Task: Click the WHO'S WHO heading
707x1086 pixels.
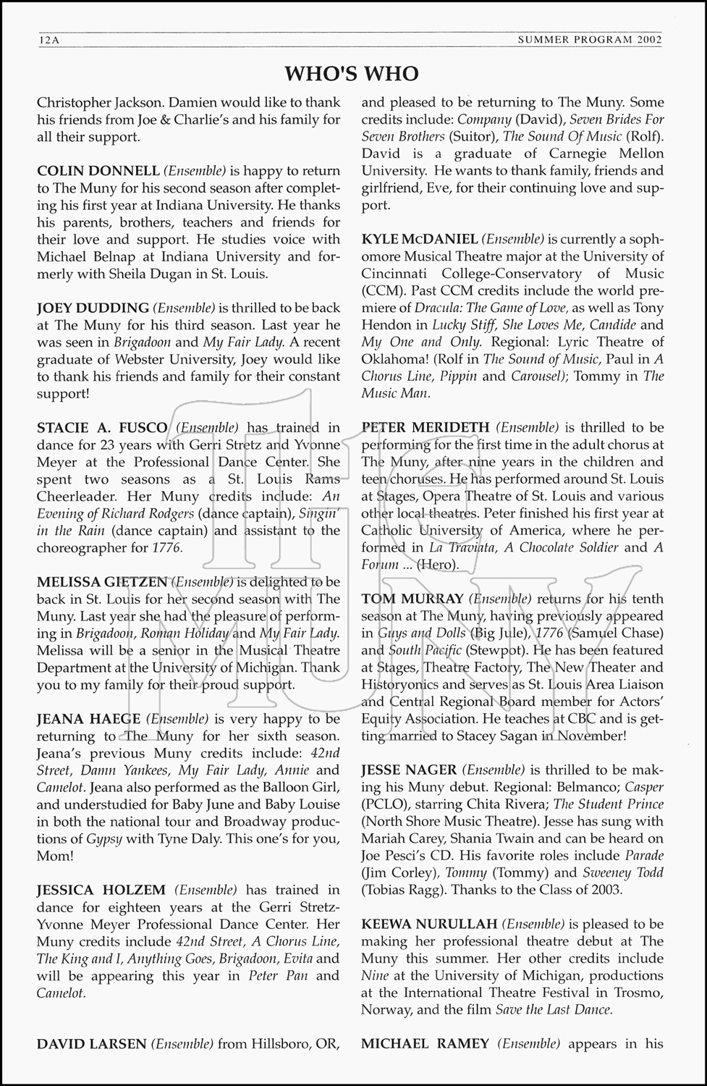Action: (x=352, y=73)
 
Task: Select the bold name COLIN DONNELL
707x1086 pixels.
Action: (x=98, y=172)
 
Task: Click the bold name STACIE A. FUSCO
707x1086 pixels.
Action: (x=102, y=428)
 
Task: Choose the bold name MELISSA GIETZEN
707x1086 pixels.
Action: (x=103, y=581)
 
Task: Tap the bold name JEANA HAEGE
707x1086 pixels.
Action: (x=89, y=719)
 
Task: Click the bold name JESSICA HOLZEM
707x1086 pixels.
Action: (x=101, y=890)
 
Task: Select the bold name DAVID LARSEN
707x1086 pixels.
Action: (x=92, y=1043)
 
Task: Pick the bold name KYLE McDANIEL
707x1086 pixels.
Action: (x=420, y=239)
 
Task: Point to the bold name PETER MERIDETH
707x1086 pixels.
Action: (x=426, y=428)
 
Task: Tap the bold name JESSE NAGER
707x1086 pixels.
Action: (x=409, y=770)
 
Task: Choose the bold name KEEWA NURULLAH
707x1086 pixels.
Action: (x=429, y=924)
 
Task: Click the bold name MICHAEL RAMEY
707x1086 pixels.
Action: (x=425, y=1043)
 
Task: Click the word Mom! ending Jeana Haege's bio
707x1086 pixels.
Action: (x=55, y=856)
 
